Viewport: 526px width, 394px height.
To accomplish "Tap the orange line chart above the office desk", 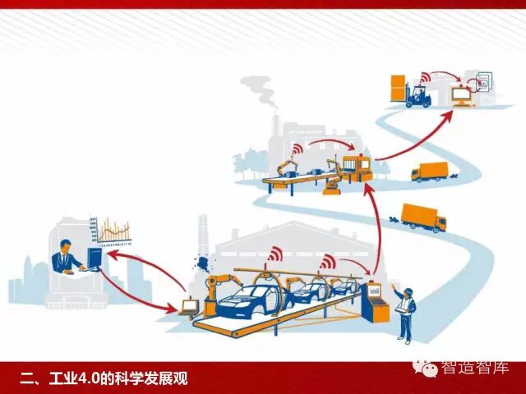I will coord(113,231).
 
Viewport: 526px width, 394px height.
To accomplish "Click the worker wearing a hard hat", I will coord(405,311).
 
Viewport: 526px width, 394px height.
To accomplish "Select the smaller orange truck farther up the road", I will coord(429,172).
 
